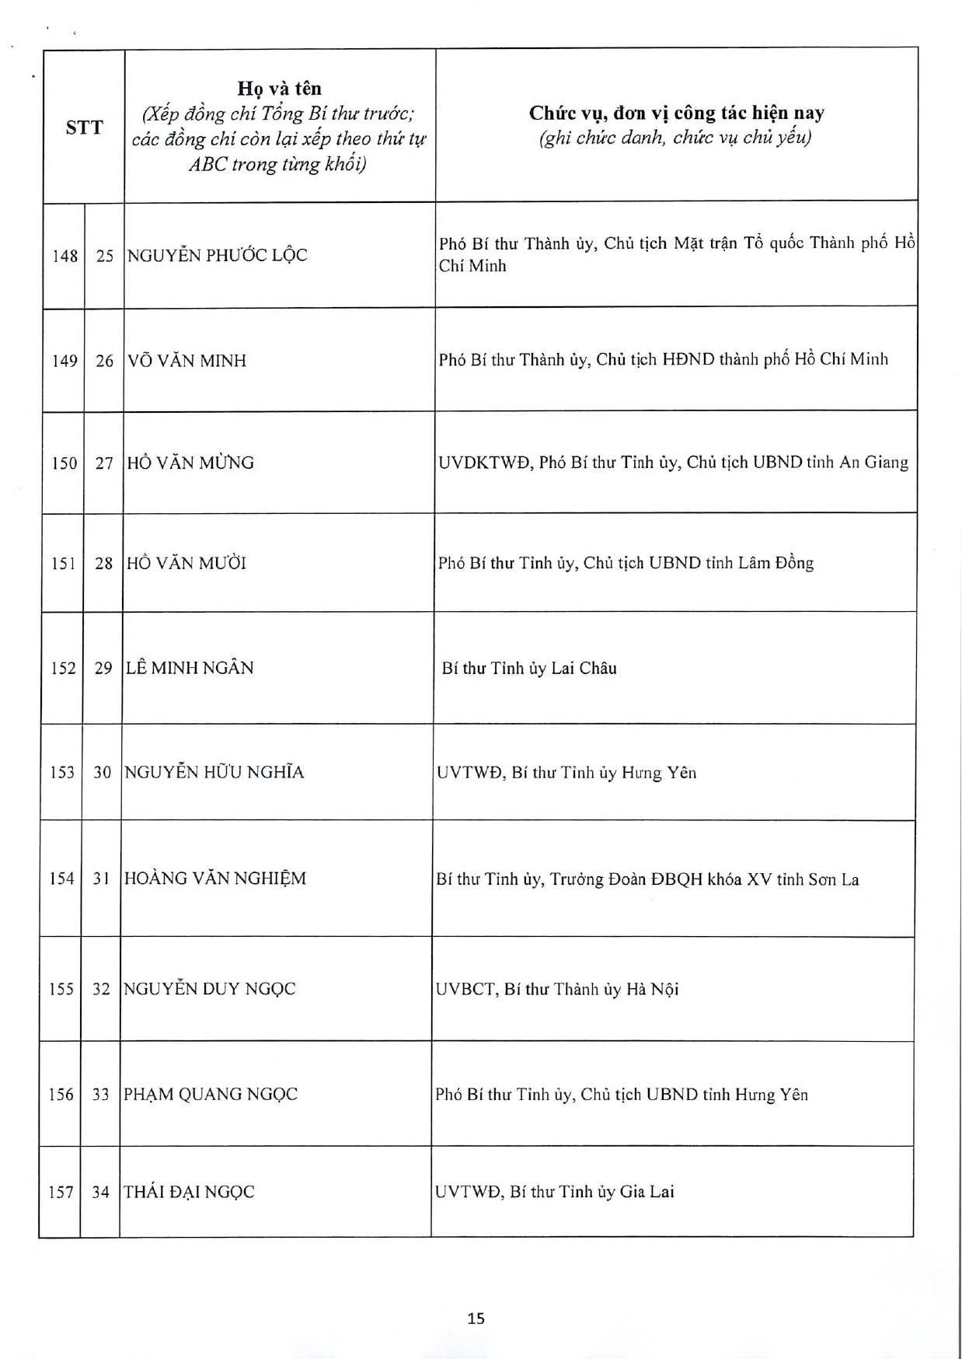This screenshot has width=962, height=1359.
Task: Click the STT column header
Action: pos(84,128)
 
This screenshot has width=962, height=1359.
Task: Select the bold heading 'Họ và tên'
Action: pos(279,89)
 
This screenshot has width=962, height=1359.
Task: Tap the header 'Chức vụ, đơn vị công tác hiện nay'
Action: pos(676,113)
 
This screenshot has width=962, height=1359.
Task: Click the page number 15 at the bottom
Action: pos(476,1317)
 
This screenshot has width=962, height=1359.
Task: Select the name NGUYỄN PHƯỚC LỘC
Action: pos(217,255)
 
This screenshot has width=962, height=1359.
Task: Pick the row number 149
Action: pos(64,361)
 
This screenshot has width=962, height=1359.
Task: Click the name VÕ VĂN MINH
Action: pos(186,361)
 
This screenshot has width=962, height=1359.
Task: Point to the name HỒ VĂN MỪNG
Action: pos(190,463)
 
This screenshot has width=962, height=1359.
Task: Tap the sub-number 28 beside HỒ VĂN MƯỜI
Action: pos(103,563)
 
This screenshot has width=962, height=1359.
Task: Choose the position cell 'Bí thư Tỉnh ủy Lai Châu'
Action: pos(528,668)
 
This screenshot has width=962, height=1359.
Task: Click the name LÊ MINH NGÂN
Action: pos(190,668)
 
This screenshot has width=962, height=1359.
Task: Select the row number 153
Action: pos(61,772)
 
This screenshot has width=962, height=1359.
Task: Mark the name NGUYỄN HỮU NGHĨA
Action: pos(214,772)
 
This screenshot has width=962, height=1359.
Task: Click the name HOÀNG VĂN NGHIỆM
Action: pos(214,879)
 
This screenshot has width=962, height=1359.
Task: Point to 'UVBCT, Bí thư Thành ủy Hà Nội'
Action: pos(557,989)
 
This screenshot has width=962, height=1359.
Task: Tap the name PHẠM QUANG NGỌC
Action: pos(210,1094)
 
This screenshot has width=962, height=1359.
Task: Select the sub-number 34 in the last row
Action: pos(100,1191)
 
